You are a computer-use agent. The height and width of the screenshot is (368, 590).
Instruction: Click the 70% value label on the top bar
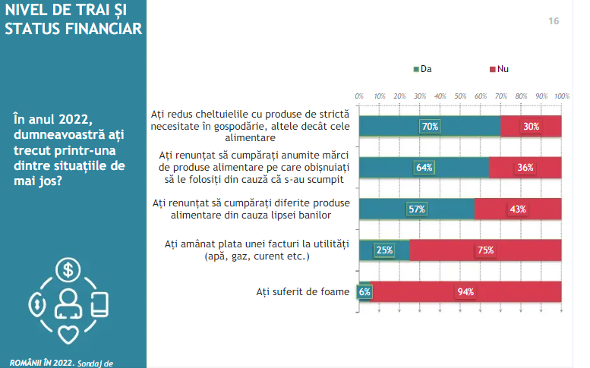[x=430, y=126]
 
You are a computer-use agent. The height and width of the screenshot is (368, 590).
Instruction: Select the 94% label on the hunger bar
[x=465, y=291]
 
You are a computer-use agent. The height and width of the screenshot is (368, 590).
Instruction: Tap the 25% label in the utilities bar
[x=384, y=250]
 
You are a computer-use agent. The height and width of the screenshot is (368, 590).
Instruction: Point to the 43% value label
[x=518, y=209]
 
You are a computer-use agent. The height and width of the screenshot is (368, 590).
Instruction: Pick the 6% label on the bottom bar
[x=364, y=291]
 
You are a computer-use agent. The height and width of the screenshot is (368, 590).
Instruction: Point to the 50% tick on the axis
[x=460, y=96]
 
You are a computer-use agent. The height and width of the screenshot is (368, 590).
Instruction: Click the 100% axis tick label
[x=561, y=96]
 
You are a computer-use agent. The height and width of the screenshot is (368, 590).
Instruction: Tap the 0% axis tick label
[x=359, y=96]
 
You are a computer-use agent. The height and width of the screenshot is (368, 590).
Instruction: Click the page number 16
[x=554, y=21]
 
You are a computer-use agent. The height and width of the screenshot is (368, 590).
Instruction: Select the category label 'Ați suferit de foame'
[x=302, y=291]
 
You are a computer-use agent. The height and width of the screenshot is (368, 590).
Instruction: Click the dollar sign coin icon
[x=69, y=269]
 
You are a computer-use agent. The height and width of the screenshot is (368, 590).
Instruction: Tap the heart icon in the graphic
[x=69, y=334]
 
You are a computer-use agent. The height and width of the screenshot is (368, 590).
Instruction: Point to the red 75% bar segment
[x=486, y=250]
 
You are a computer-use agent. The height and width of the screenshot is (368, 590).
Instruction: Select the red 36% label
[x=525, y=168]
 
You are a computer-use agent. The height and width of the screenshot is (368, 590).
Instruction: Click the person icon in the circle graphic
[x=68, y=303]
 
